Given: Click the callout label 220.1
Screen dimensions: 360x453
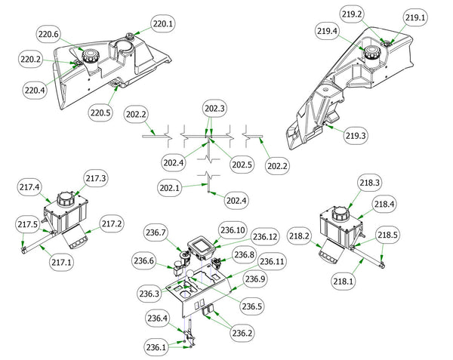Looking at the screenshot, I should point(163,24).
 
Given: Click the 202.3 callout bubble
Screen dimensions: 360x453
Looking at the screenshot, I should point(215,109).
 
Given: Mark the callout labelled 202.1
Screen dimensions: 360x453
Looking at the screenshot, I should point(171,186).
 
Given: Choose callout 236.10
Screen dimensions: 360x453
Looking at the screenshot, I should point(233,229).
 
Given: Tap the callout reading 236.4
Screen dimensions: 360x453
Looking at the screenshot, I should point(158,318).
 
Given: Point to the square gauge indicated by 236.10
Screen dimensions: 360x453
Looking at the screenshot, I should point(202,244).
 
